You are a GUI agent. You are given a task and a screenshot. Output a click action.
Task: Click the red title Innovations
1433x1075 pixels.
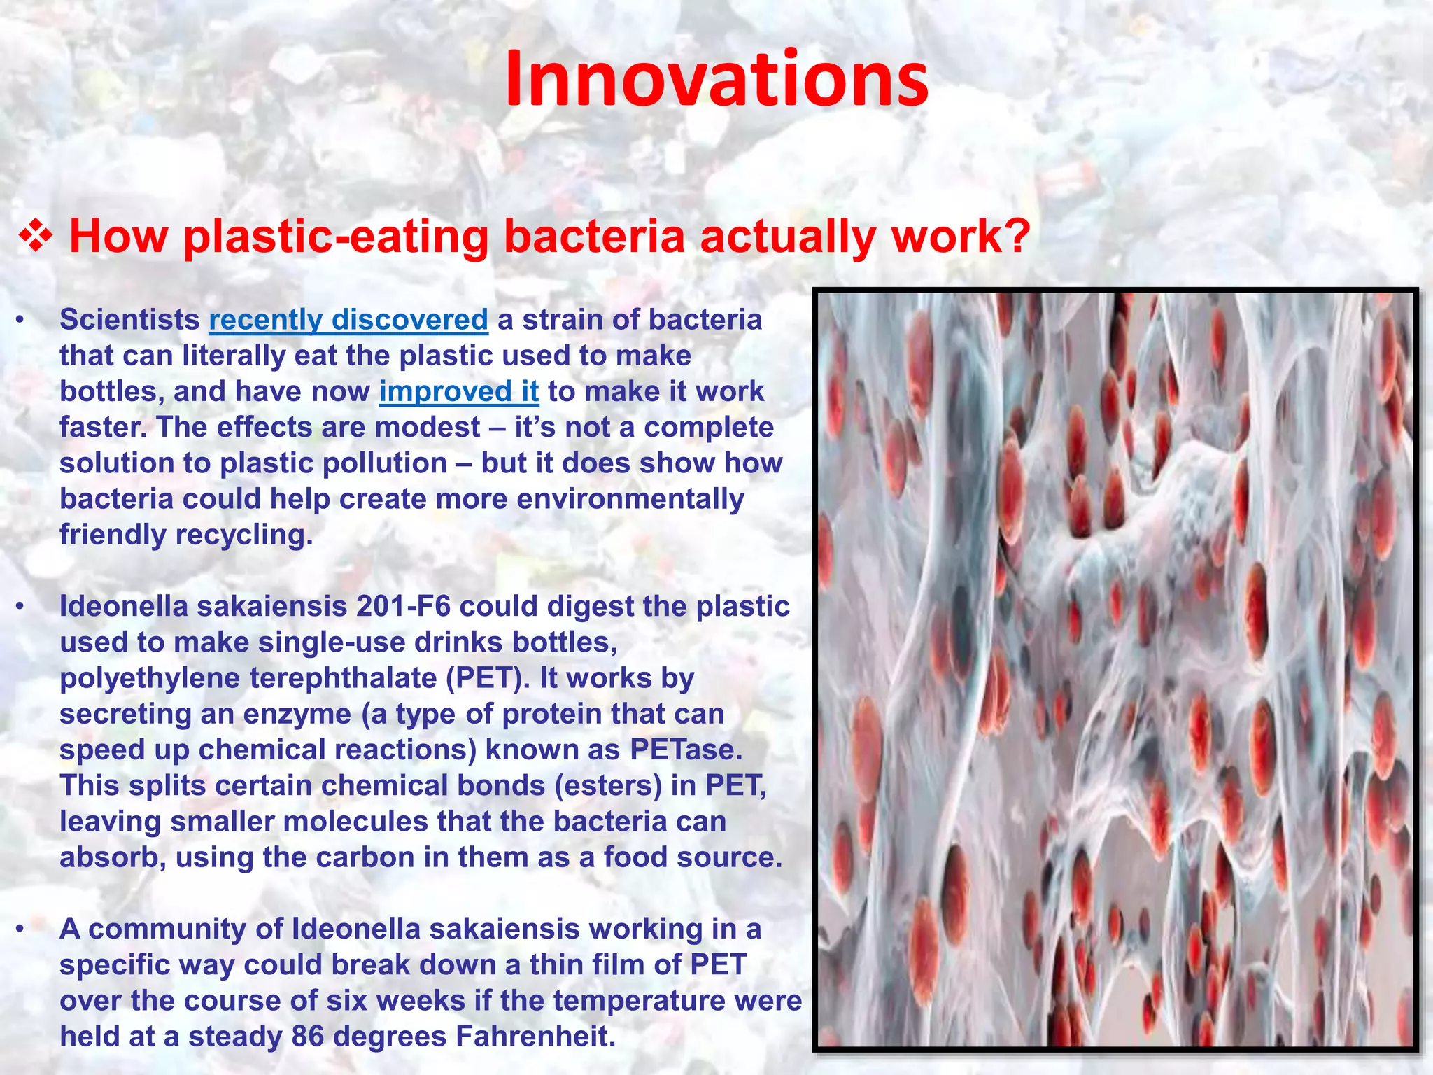716,78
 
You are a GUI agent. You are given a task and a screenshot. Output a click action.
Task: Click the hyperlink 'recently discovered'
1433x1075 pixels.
348,320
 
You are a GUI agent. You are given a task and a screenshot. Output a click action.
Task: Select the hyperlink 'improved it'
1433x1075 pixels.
459,391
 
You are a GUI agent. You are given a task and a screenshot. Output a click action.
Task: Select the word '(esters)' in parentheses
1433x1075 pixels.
608,785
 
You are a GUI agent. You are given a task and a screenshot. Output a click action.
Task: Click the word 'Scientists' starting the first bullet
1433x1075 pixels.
129,320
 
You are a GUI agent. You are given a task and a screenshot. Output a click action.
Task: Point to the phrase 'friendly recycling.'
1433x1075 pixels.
185,535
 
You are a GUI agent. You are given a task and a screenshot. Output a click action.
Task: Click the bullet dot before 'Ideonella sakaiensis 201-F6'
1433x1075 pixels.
21,607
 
